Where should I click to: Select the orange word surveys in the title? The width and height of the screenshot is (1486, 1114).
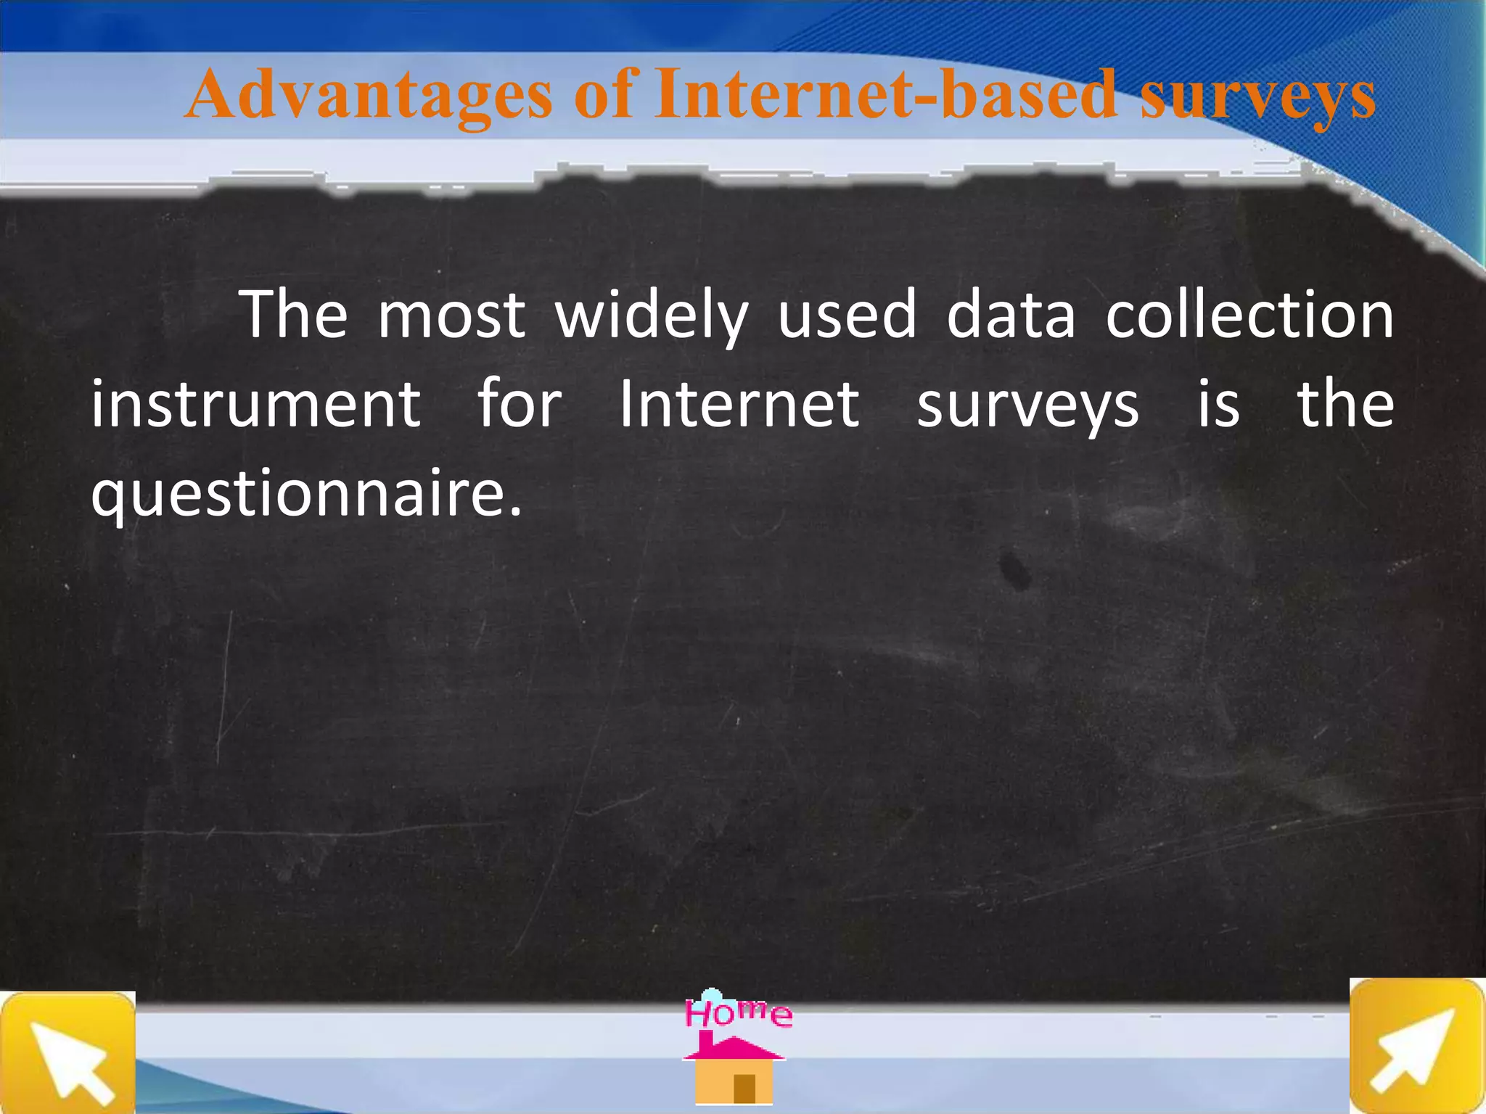coord(1257,97)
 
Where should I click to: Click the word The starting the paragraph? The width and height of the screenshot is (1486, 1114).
coord(294,315)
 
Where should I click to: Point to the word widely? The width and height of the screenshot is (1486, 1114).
coord(651,316)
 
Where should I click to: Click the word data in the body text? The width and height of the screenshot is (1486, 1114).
coord(1010,315)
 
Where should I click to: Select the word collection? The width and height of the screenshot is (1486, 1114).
coord(1249,315)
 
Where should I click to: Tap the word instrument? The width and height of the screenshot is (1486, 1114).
coord(255,404)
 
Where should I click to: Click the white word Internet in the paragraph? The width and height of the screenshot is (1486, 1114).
coord(739,404)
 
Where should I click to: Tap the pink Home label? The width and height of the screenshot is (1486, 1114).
coord(738,1012)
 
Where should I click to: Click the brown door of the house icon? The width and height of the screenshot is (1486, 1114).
coord(744,1087)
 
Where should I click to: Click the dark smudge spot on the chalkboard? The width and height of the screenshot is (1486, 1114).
coord(1014,569)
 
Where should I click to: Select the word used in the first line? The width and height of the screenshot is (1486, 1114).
coord(847,315)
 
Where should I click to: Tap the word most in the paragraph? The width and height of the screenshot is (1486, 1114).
coord(451,316)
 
